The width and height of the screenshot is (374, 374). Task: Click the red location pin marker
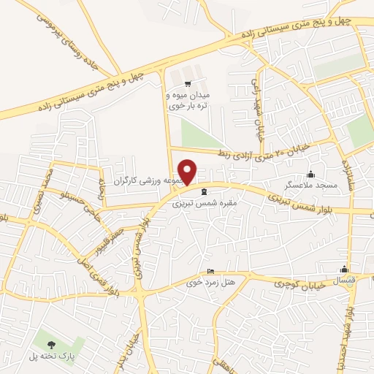coord(188,172)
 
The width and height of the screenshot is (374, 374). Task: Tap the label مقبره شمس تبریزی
coord(196,205)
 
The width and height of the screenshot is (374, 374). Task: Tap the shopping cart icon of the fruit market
coord(188,83)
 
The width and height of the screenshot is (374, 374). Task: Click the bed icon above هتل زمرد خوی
coord(211,271)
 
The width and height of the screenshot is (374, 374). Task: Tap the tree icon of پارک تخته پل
coord(50,344)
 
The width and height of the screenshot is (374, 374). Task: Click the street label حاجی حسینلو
coord(75,205)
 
